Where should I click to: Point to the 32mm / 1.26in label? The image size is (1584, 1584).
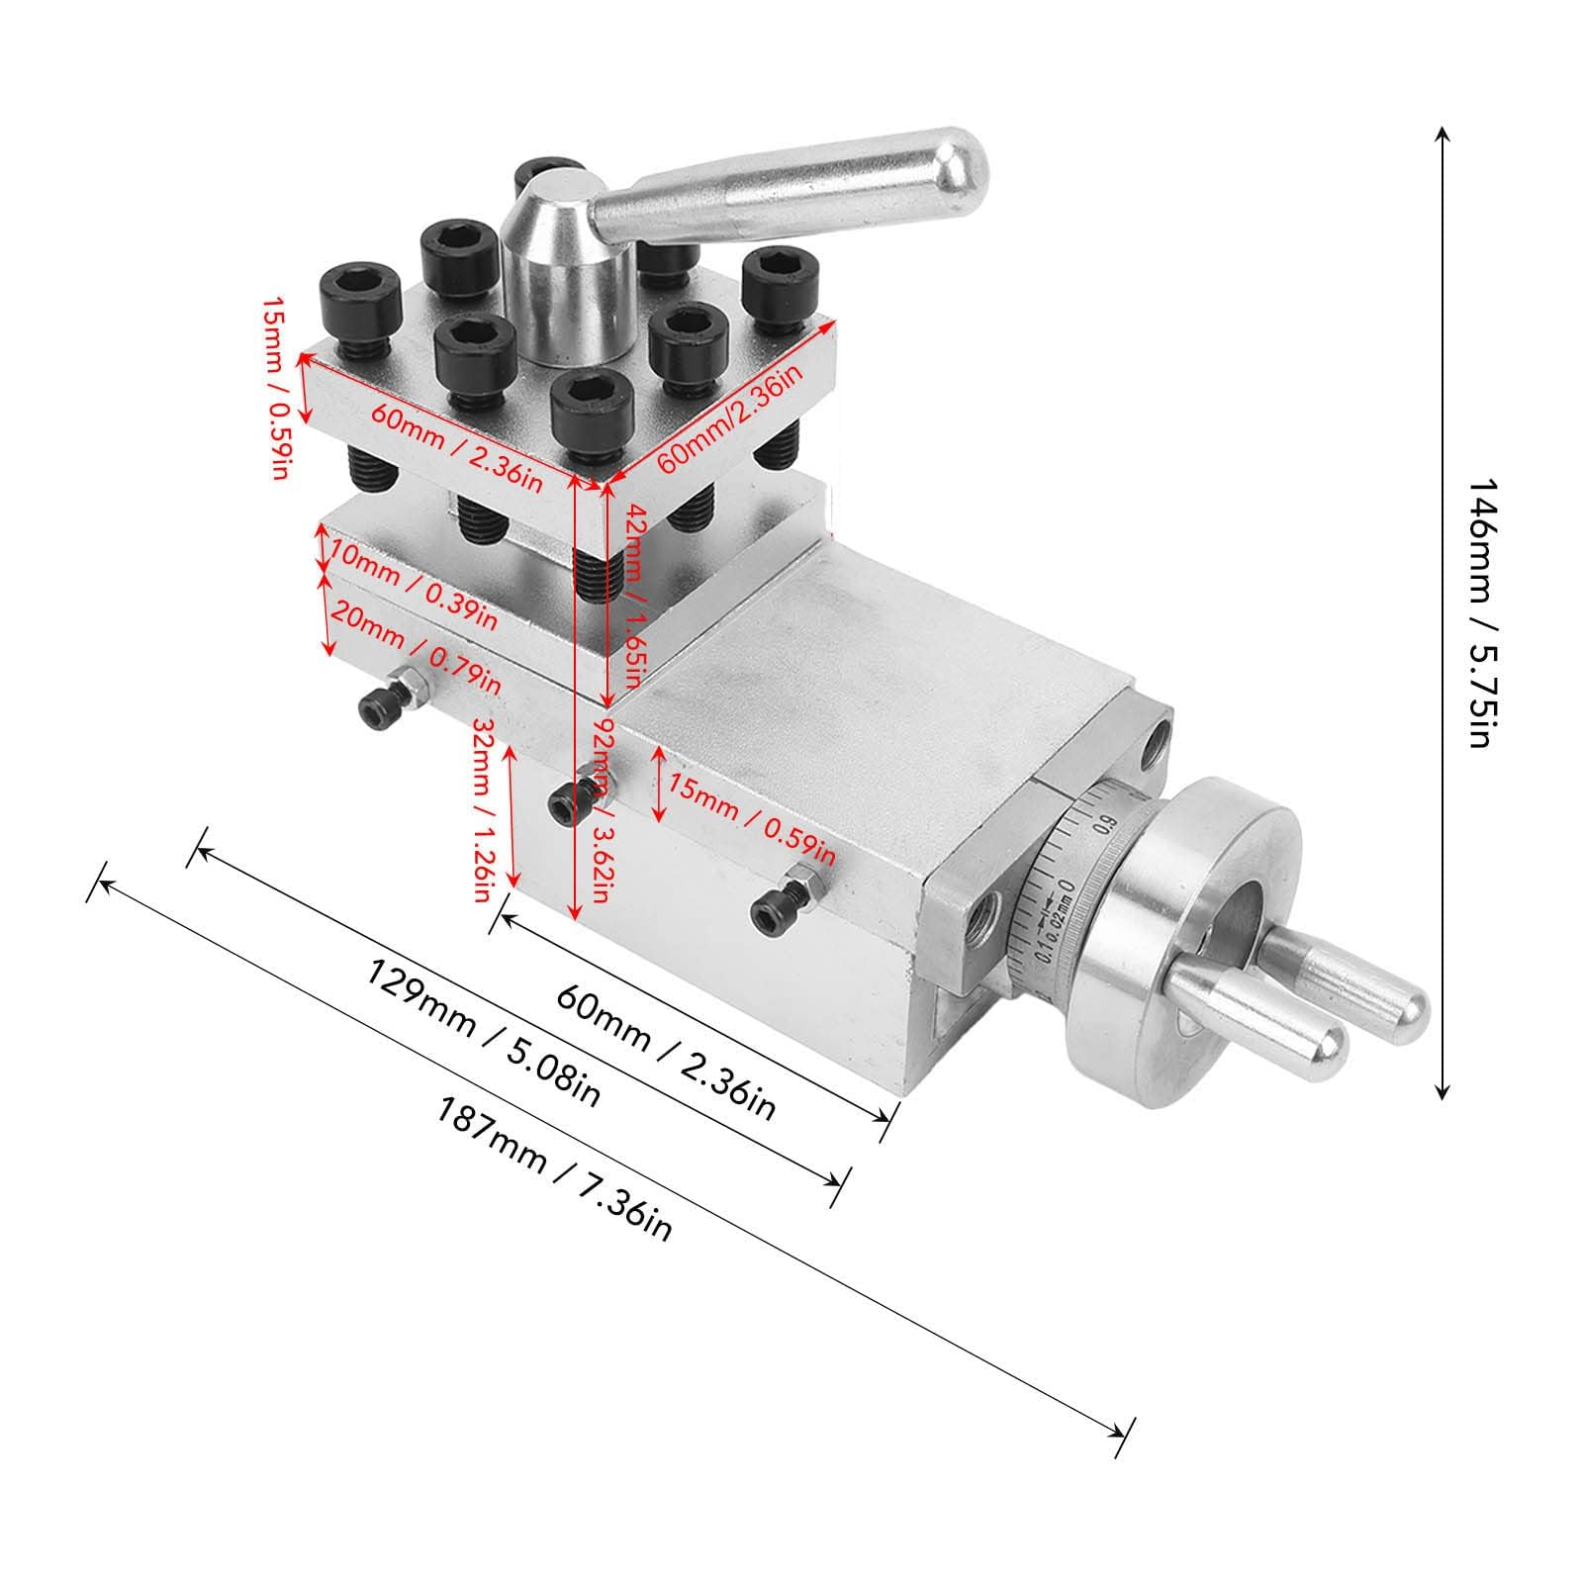484,810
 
